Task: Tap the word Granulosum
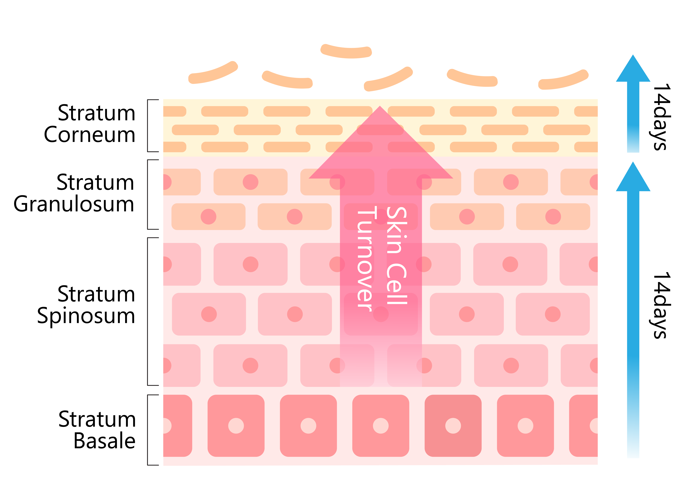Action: pos(74,204)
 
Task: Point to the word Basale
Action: pos(104,441)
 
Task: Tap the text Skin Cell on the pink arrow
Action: pos(397,256)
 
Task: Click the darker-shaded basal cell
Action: pos(453,425)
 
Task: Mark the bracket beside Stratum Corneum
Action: pos(148,126)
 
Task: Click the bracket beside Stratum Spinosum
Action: pos(148,311)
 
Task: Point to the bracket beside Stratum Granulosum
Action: pos(148,195)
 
